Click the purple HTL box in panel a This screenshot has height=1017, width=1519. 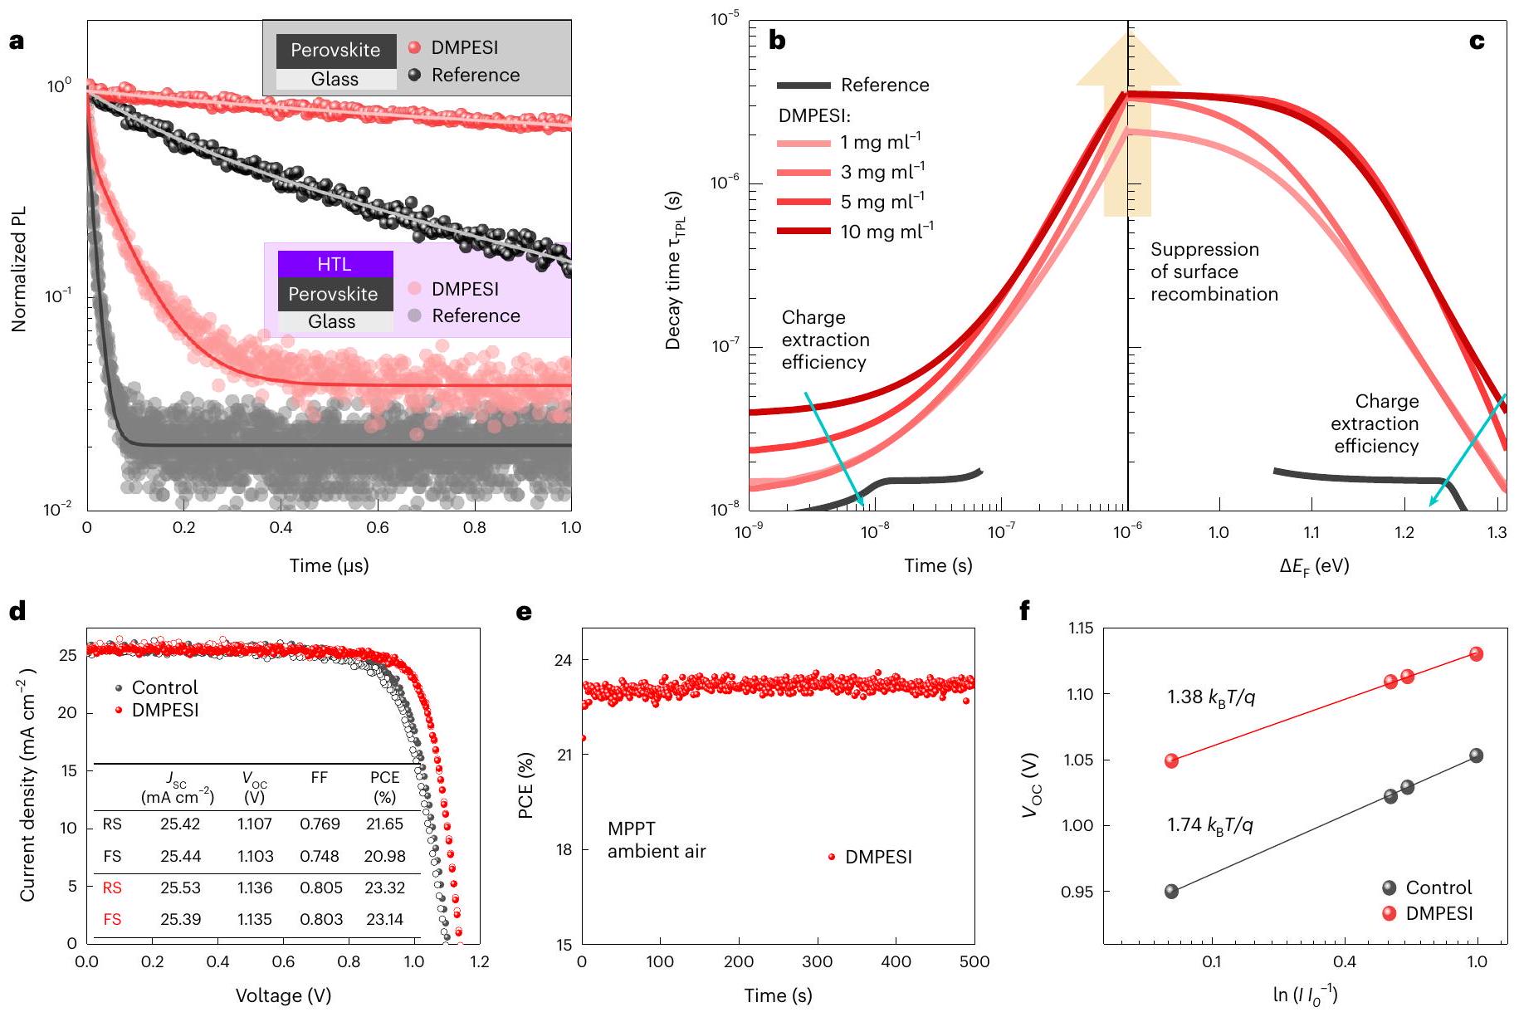(335, 264)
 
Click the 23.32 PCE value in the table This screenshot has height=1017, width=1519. (384, 887)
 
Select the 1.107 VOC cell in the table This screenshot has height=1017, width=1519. (255, 824)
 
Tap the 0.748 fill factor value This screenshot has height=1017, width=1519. (320, 856)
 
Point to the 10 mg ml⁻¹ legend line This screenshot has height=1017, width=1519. (803, 231)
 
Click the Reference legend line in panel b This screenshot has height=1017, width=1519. (803, 85)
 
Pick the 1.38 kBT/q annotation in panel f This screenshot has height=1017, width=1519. (1211, 697)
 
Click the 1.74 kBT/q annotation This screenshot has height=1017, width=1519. (1209, 825)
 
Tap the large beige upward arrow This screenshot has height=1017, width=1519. (1127, 125)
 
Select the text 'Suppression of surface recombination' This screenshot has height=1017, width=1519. (1214, 272)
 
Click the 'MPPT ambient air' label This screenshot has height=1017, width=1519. (656, 839)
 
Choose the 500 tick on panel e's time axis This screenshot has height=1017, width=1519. (974, 962)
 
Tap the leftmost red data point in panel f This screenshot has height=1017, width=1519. (1171, 760)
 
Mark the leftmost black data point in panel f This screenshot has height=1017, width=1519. (1171, 892)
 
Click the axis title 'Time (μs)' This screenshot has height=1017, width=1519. (329, 566)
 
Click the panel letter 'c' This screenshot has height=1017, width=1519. (1477, 42)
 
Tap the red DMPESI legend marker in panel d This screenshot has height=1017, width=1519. (119, 711)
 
